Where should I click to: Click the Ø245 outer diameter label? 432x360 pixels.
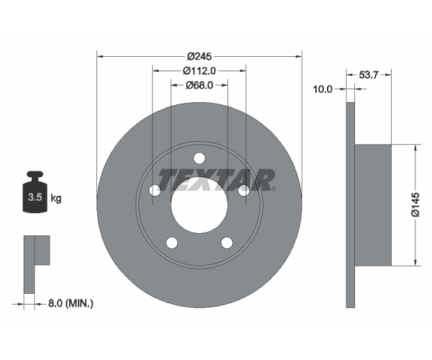pos(199,56)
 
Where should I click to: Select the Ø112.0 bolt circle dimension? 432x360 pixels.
pos(199,71)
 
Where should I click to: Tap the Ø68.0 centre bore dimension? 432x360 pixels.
pos(199,85)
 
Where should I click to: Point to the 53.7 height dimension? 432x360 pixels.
pos(369,75)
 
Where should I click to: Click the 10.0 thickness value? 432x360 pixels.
pos(323,89)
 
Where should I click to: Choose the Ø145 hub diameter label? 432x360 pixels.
pos(415,204)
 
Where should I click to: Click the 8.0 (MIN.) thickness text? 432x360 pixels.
pos(71,303)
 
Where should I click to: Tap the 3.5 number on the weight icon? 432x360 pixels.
pos(35,197)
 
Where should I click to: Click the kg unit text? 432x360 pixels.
pos(56,198)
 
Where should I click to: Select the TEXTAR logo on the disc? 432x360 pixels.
pos(216,180)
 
